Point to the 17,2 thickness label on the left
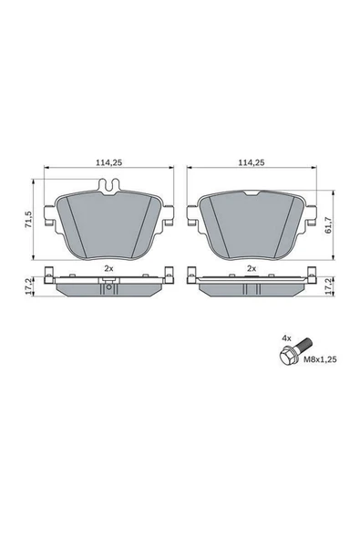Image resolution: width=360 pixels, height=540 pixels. click(29, 285)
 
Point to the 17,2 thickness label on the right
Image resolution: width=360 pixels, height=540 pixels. click(329, 285)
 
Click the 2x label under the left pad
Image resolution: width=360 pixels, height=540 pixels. click(108, 268)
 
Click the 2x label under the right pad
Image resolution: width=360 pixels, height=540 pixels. click(251, 268)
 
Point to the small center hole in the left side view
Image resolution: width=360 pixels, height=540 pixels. click(108, 290)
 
